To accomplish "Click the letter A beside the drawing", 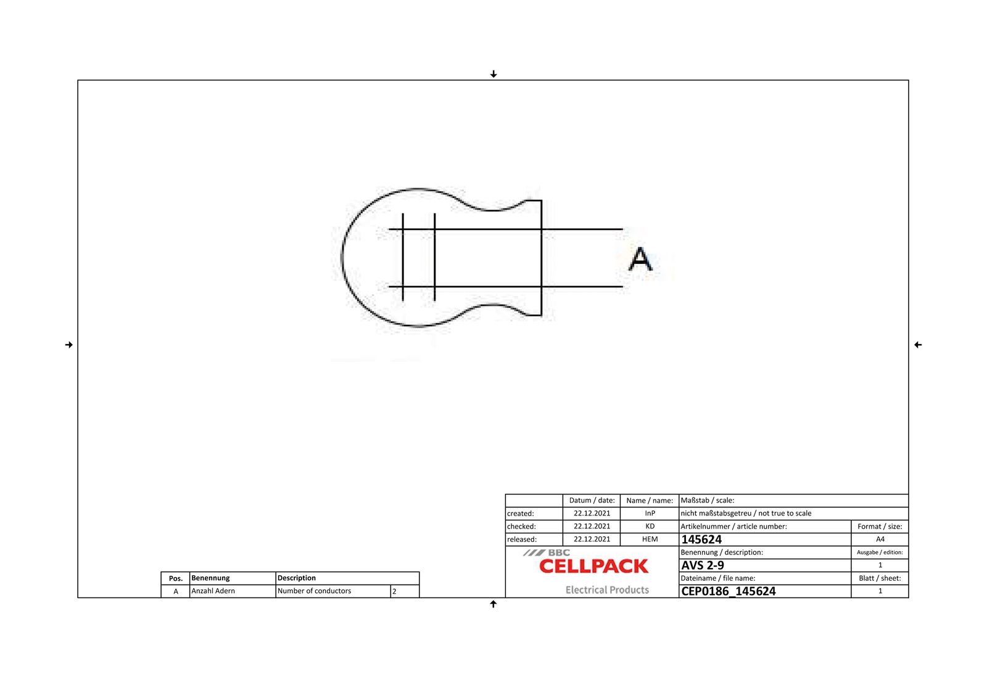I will click(640, 260).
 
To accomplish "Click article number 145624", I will click(701, 540).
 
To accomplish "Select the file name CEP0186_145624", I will click(728, 591).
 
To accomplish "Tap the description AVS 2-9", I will click(703, 565).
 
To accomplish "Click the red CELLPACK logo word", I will click(593, 566).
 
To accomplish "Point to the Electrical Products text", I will click(607, 590).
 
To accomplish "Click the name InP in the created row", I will click(650, 514).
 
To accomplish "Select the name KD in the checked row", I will click(650, 527).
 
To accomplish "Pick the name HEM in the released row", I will click(650, 540).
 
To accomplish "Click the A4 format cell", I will click(880, 540).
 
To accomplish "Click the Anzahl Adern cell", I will click(213, 591).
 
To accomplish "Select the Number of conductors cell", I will click(314, 591).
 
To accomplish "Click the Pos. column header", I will click(176, 578).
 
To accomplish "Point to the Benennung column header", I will click(210, 578).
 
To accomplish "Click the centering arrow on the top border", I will click(493, 75).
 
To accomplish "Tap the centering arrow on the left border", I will click(69, 345).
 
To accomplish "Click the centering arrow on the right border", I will click(918, 345).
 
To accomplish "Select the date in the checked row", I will click(592, 527).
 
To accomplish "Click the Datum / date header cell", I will click(592, 501).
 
